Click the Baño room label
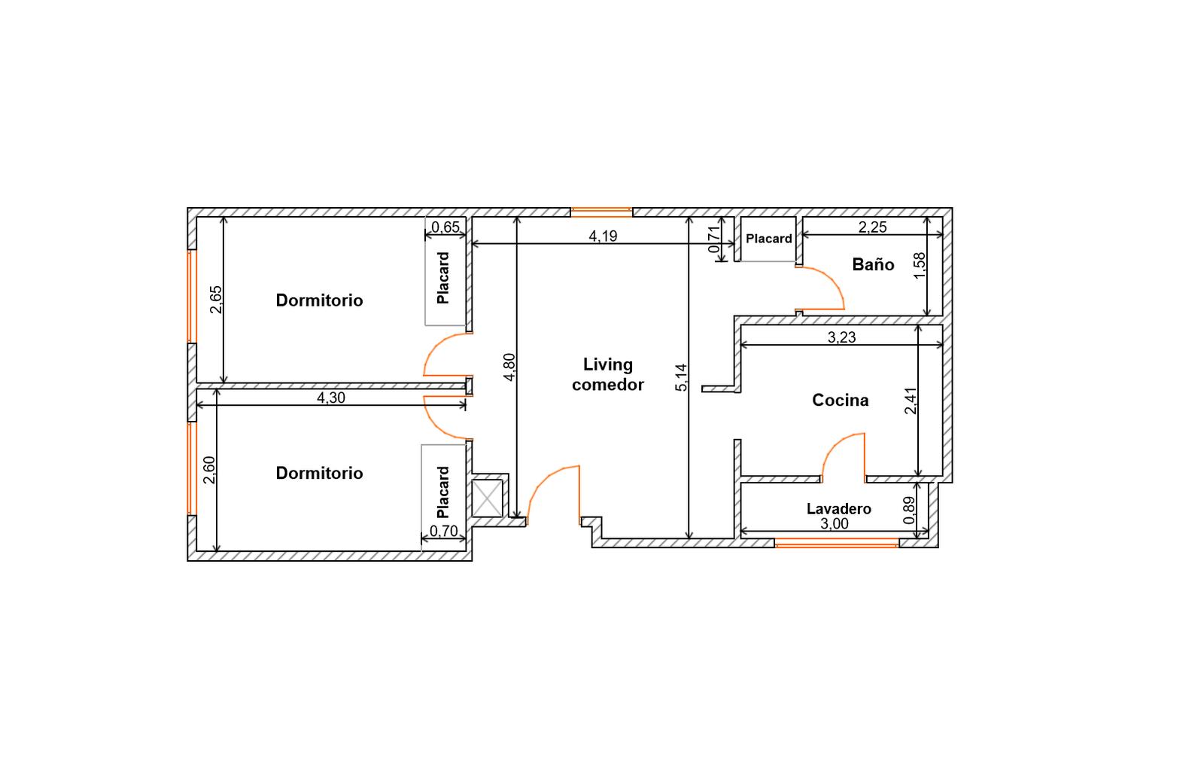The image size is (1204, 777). tap(873, 264)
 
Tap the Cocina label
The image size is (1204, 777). tap(840, 400)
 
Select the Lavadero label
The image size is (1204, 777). tap(838, 509)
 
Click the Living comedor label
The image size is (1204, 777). tap(608, 374)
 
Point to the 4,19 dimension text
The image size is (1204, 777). tap(603, 236)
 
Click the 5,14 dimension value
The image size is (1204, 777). tap(681, 377)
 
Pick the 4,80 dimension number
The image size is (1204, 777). tap(509, 367)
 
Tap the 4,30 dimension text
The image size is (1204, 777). tap(331, 398)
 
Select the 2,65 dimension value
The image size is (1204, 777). tap(215, 300)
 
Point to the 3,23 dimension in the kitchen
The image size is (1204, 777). tap(841, 337)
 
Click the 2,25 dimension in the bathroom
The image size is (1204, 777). tap(872, 227)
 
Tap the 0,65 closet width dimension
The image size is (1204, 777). tap(445, 227)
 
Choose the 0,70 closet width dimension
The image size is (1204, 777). tap(444, 532)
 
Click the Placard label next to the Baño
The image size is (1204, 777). tap(768, 238)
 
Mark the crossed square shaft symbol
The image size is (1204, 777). tap(487, 498)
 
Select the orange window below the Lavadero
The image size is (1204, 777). tap(837, 545)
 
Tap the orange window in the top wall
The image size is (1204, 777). tap(601, 212)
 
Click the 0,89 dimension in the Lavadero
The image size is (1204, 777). tap(908, 510)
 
